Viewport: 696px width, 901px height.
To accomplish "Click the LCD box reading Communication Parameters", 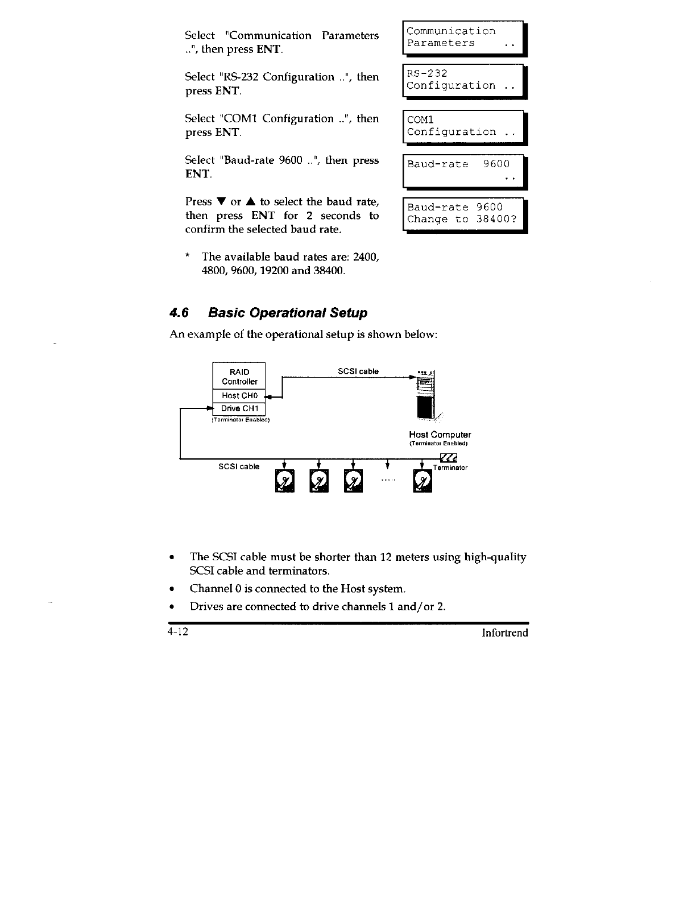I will [x=463, y=38].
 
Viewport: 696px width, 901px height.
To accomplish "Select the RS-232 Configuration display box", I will [x=463, y=80].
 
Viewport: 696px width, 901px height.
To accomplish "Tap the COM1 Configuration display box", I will [x=463, y=126].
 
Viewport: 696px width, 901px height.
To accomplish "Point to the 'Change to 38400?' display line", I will [x=462, y=220].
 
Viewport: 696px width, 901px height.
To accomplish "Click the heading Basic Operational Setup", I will [x=288, y=313].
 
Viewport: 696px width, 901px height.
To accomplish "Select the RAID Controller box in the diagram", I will [x=239, y=376].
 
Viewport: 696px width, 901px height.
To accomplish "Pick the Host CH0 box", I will [x=239, y=395].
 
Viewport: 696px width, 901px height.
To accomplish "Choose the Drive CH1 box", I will [x=239, y=408].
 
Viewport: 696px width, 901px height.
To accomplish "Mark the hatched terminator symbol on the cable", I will [x=449, y=458].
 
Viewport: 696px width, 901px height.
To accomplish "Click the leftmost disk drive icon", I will [x=284, y=482].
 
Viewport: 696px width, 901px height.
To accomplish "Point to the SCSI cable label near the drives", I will [x=239, y=467].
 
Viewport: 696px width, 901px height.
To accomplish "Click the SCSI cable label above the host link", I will [x=358, y=371].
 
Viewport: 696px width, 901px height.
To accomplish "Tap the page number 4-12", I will [x=177, y=633].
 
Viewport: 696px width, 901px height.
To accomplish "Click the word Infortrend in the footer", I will [x=505, y=633].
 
